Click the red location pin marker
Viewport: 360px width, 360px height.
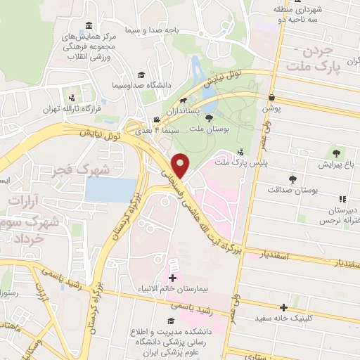click(x=181, y=167)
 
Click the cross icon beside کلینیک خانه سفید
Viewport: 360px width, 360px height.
click(x=283, y=307)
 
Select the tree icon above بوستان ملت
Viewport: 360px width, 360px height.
click(x=209, y=119)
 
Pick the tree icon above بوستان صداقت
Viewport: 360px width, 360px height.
click(x=292, y=179)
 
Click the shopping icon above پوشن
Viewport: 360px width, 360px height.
click(x=271, y=98)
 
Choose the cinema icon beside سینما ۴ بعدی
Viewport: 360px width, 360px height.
click(x=156, y=120)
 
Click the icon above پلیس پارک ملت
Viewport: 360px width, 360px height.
click(x=241, y=152)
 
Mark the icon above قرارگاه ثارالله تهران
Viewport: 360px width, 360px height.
click(x=72, y=97)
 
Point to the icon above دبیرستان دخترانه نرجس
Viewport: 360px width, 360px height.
click(x=342, y=200)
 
